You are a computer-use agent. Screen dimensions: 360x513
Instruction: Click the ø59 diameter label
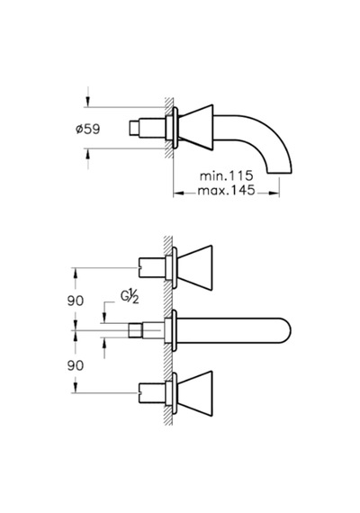(87, 129)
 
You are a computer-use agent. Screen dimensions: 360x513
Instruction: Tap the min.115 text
(227, 175)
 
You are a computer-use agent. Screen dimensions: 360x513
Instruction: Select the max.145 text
(226, 190)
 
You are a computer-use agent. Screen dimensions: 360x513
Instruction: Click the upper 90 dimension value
(76, 301)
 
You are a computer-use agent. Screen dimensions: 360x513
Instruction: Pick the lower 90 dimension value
(76, 365)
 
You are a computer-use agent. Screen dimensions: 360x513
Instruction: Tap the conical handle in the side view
(195, 127)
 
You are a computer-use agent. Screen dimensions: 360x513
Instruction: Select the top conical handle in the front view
(194, 267)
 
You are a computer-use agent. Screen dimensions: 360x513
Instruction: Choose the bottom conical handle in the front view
(194, 393)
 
